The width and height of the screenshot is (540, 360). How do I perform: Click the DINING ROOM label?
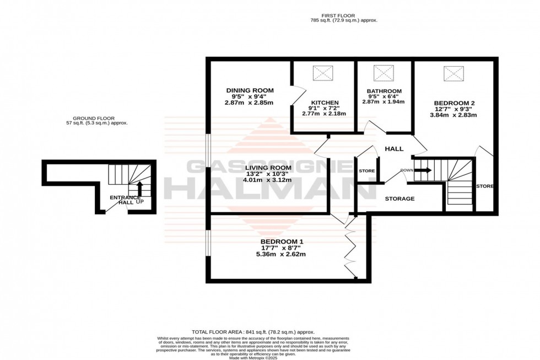tap(250, 90)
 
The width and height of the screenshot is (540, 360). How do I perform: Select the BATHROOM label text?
tap(384, 91)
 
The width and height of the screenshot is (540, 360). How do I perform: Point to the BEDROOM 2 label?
tap(454, 103)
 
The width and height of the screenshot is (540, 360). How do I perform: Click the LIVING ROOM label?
tap(268, 168)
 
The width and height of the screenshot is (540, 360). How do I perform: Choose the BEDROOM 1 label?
tap(282, 241)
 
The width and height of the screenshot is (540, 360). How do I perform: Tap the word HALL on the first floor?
tap(394, 149)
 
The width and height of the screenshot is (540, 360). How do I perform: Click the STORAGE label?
tap(399, 198)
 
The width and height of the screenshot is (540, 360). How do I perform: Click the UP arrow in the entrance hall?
tap(139, 189)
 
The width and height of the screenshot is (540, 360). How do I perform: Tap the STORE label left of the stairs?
tap(366, 171)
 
